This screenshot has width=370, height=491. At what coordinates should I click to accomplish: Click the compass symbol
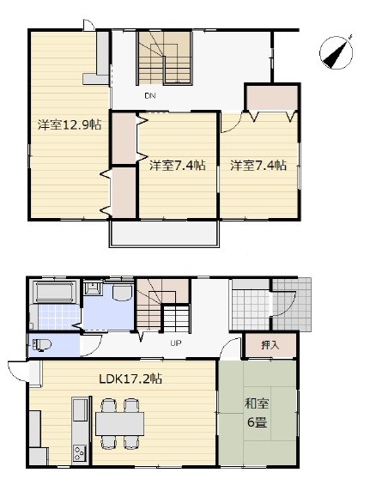point(337,52)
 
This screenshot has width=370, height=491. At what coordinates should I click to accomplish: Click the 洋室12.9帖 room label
point(70,125)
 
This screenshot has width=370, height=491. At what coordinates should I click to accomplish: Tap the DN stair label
point(150,96)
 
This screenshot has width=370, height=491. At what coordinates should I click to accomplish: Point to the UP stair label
point(176,343)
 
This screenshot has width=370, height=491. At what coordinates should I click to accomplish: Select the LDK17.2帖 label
point(130,379)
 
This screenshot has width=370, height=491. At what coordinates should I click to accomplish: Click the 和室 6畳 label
point(257,413)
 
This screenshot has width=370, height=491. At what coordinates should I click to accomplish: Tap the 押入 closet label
point(270,345)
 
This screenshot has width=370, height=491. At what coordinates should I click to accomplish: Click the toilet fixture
point(41,345)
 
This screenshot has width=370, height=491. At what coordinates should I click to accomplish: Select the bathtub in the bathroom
point(55,292)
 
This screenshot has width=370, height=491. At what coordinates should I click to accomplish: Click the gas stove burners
point(80,452)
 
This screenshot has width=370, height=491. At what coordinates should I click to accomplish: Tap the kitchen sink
point(80,410)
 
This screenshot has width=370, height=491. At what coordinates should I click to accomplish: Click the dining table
point(120,424)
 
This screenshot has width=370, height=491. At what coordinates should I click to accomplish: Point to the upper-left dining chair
point(109,405)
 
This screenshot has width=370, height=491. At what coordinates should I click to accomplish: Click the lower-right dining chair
point(131,442)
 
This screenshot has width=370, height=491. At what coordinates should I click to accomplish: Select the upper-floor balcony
point(164,233)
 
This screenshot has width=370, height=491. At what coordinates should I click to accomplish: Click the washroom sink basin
point(92,288)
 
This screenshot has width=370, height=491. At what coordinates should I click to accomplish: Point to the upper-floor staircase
point(164,58)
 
